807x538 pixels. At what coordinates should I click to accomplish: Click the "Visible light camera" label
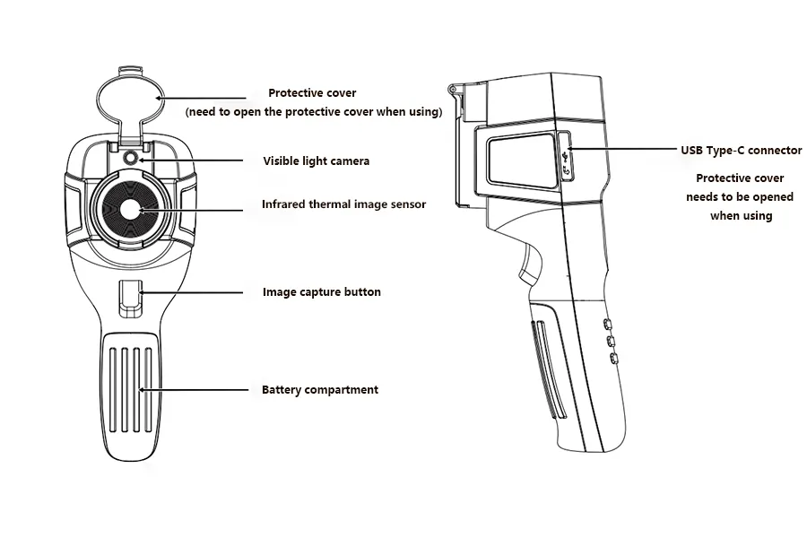[x=316, y=161]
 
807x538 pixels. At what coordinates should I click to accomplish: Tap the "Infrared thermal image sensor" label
[x=343, y=204]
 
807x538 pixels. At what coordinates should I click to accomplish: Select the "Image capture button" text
[x=322, y=292]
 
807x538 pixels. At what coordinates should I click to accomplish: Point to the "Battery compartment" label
[x=319, y=390]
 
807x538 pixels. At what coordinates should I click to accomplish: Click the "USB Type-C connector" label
[x=742, y=151]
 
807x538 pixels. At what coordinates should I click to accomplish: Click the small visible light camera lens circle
[x=131, y=158]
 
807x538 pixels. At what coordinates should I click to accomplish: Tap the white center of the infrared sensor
[x=131, y=210]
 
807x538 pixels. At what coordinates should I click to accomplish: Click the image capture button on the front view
[x=130, y=298]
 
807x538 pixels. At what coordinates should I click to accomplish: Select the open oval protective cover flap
[x=131, y=99]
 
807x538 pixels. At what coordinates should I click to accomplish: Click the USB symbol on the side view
[x=567, y=154]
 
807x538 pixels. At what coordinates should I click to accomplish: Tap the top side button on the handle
[x=607, y=324]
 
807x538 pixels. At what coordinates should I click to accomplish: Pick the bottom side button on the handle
[x=613, y=359]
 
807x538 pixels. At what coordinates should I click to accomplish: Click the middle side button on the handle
[x=611, y=341]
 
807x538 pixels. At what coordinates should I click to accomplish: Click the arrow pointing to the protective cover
[x=201, y=98]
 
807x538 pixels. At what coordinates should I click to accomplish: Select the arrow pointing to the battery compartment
[x=193, y=390]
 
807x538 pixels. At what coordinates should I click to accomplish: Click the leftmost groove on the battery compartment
[x=113, y=390]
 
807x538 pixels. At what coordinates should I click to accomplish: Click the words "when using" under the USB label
[x=742, y=216]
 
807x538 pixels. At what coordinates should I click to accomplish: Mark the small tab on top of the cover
[x=129, y=70]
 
